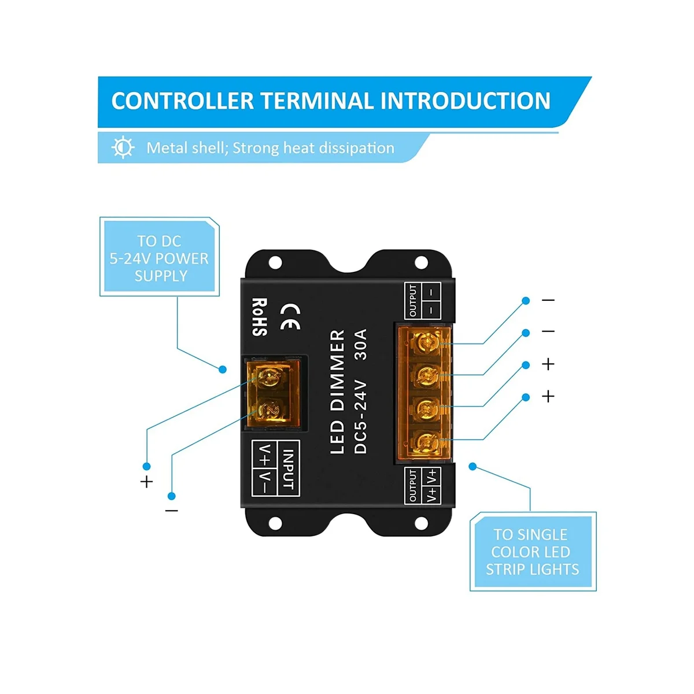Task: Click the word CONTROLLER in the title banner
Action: click(x=182, y=101)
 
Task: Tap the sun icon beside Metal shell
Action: click(x=123, y=147)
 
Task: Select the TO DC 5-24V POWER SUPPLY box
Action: click(x=159, y=258)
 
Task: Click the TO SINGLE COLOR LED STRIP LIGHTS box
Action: click(x=532, y=552)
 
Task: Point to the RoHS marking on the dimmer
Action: click(x=260, y=317)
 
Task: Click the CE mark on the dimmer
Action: click(x=290, y=316)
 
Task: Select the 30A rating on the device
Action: click(x=361, y=345)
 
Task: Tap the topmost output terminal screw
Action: click(x=427, y=344)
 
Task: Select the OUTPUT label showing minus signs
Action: click(x=423, y=301)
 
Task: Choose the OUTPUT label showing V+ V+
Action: click(x=423, y=485)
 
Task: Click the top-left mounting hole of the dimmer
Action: click(x=275, y=264)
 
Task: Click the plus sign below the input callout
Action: click(x=147, y=481)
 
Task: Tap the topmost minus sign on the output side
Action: click(x=548, y=300)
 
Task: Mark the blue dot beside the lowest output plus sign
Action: click(x=526, y=397)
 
